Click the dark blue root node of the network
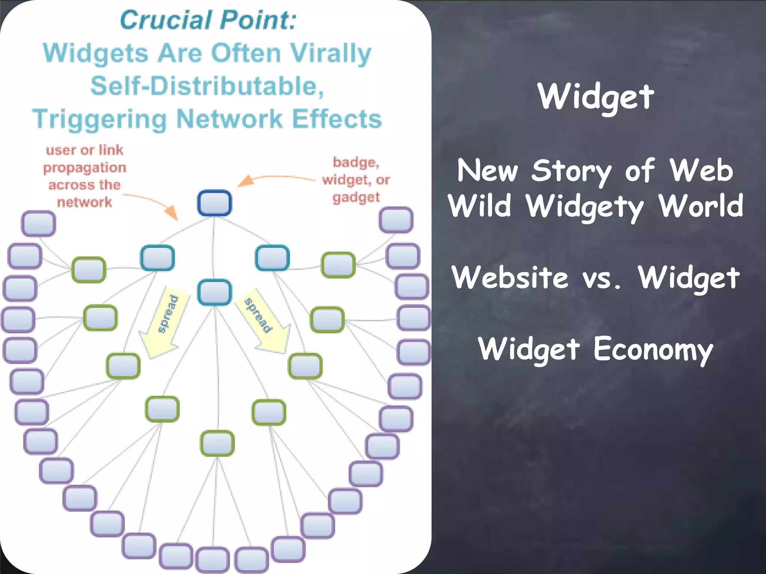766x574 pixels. [214, 203]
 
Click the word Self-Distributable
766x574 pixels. [207, 86]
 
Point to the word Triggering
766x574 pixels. [99, 119]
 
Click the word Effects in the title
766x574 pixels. [337, 119]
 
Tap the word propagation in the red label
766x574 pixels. [85, 168]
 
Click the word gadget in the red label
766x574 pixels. [356, 197]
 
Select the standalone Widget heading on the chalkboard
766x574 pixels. [596, 97]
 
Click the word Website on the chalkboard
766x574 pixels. [509, 278]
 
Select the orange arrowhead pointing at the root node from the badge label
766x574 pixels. [245, 181]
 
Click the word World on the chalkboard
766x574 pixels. [701, 206]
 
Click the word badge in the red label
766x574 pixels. [356, 162]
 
